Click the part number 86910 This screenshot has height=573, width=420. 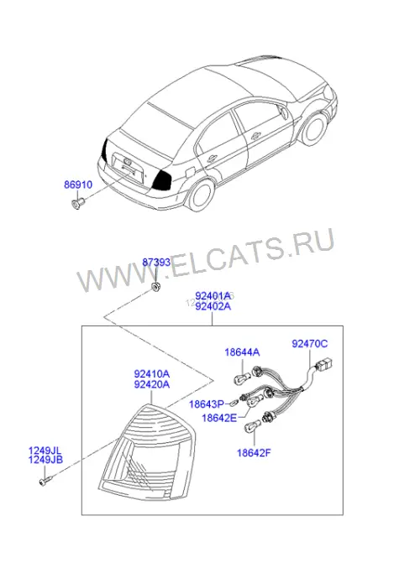78,185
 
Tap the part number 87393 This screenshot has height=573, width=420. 156,263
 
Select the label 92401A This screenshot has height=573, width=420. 213,295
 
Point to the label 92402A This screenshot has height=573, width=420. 213,306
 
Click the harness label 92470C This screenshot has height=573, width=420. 310,344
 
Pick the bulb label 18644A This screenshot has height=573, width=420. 242,352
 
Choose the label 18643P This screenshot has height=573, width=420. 207,404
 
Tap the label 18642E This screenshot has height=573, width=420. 219,418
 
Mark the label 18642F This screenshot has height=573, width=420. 254,453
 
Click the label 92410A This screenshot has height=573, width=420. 152,374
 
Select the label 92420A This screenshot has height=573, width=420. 152,384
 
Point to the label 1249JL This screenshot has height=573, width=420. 45,451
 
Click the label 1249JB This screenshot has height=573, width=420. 45,460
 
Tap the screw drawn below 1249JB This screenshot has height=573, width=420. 45,481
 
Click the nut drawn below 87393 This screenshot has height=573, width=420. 156,287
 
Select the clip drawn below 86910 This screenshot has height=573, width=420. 77,202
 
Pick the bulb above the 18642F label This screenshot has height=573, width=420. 253,425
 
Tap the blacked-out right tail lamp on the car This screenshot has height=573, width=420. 164,180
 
